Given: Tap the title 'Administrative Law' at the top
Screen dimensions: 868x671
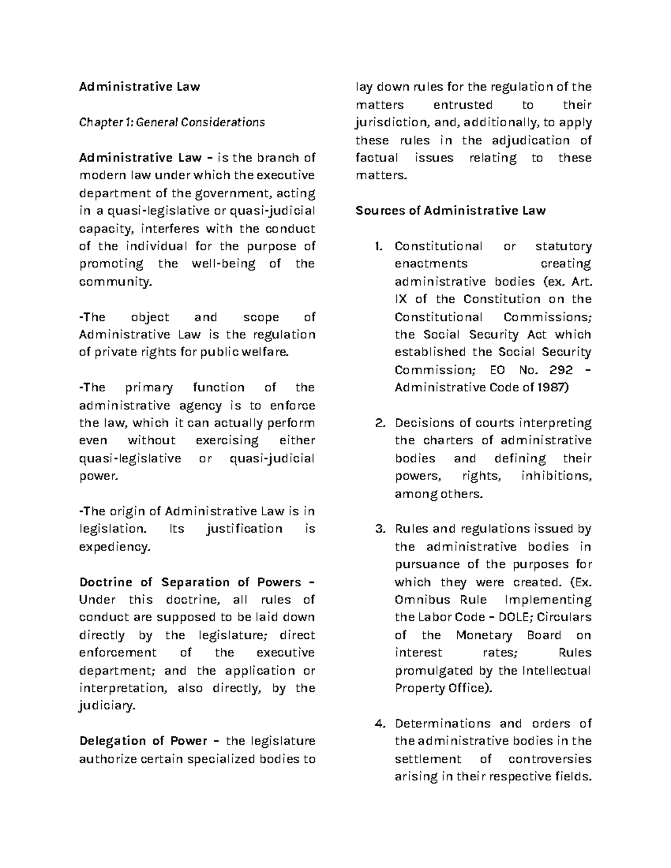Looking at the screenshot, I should coord(139,87).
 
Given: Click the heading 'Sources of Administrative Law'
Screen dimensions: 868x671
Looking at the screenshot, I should coord(451,211).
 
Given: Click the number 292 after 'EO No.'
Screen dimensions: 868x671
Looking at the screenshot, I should coord(561,370).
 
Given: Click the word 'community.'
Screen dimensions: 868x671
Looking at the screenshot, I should coord(115,282).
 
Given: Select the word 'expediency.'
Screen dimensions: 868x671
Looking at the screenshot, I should coord(115,547).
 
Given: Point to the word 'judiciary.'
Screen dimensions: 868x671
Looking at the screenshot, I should coord(107,706).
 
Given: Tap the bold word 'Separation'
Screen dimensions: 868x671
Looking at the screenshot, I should coord(195,582).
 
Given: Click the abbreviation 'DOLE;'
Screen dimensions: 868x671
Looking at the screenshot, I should coord(516,618).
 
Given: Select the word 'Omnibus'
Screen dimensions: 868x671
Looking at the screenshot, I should coord(420,600).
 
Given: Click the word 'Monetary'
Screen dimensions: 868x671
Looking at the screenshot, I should coord(484,635).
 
